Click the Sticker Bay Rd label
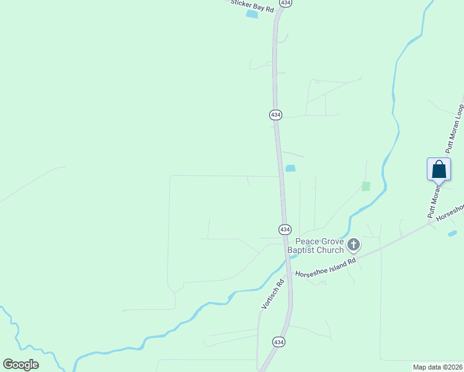pos(252,6)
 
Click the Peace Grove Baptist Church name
pos(319,246)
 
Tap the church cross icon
pos(353,245)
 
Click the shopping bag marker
pos(439,169)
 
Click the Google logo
pos(20,364)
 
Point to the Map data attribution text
pos(438,367)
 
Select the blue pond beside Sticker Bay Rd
pos(252,14)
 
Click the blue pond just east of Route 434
pos(290,168)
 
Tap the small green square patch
pos(366,186)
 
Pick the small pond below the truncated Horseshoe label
pos(452,233)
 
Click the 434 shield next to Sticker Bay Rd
pos(285,3)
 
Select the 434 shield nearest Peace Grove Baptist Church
pos(284,229)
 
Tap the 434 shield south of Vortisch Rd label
pos(279,342)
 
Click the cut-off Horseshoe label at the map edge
pos(450,213)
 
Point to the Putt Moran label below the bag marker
pos(433,203)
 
